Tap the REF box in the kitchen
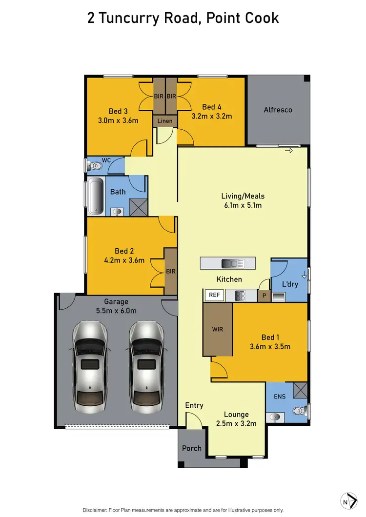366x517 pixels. coord(214,295)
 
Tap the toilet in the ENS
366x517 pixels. coord(299,411)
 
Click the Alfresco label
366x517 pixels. coord(278,110)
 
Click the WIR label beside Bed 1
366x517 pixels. coord(217,329)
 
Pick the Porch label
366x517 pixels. coord(192,448)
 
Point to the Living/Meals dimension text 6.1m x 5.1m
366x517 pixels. coord(243,205)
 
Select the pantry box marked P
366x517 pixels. coord(264,295)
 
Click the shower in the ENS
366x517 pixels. coord(300,390)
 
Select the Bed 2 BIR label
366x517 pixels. coord(170,271)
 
